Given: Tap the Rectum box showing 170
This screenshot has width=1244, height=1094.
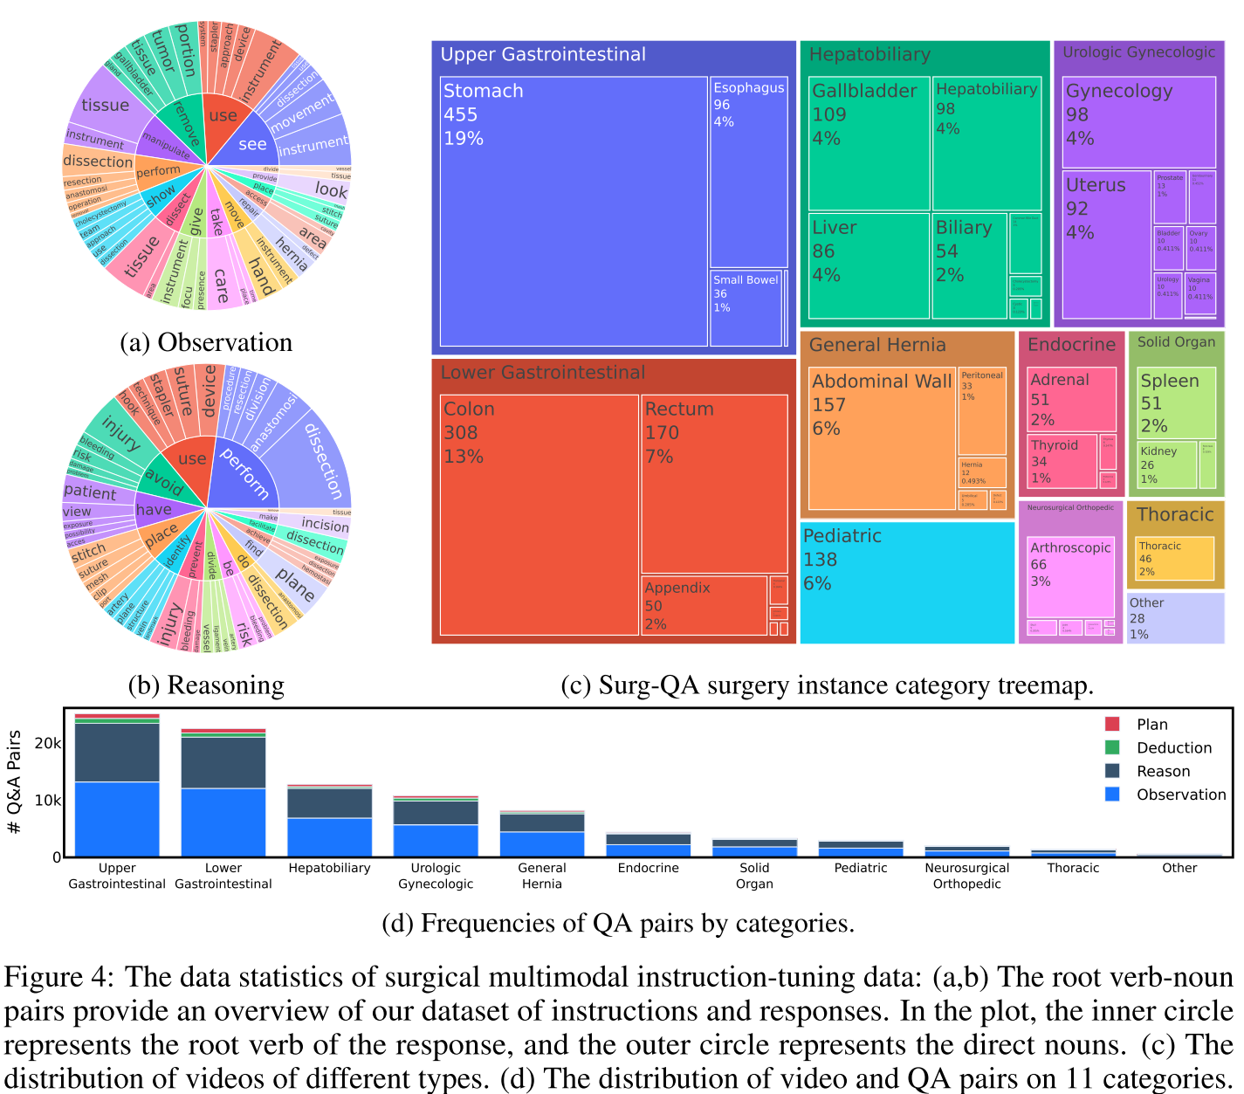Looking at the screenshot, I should (x=714, y=485).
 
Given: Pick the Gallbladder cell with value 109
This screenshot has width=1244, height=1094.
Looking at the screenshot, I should (x=869, y=144).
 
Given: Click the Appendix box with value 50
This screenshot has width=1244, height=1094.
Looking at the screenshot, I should (x=704, y=605).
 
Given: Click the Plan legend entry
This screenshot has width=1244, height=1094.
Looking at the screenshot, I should (x=1151, y=725).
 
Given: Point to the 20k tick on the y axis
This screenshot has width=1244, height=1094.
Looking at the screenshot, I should (x=47, y=743).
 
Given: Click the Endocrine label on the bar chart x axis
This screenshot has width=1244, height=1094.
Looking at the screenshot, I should (x=649, y=868).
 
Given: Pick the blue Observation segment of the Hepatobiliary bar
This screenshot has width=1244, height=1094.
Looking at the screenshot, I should (x=330, y=836).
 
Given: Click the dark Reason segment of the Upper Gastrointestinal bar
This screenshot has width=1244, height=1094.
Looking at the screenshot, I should (x=117, y=753).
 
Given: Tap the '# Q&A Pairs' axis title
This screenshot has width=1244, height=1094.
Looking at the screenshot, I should (x=14, y=782).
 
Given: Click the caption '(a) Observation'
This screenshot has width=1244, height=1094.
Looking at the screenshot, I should (x=206, y=342).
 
